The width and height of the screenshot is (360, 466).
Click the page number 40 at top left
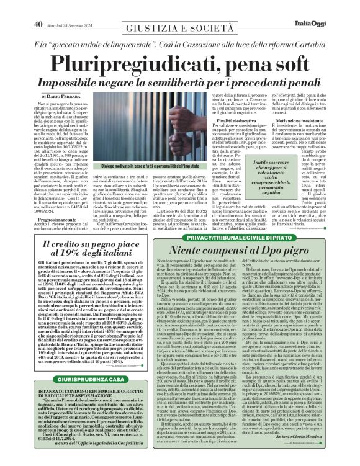37,7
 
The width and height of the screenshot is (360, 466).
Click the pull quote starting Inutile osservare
254,177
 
